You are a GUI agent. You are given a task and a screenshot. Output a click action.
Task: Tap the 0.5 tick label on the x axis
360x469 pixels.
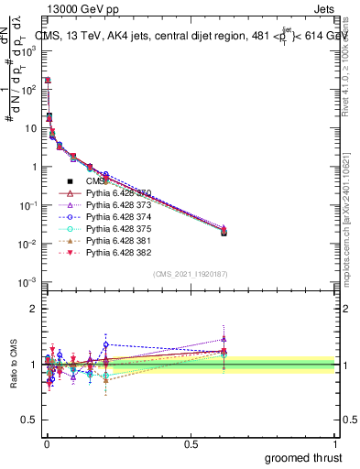pyautogui.click(x=190, y=443)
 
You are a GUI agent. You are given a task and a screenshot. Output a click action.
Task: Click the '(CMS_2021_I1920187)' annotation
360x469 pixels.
pyautogui.click(x=190, y=274)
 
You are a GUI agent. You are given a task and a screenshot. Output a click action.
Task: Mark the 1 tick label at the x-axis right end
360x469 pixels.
pyautogui.click(x=334, y=443)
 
